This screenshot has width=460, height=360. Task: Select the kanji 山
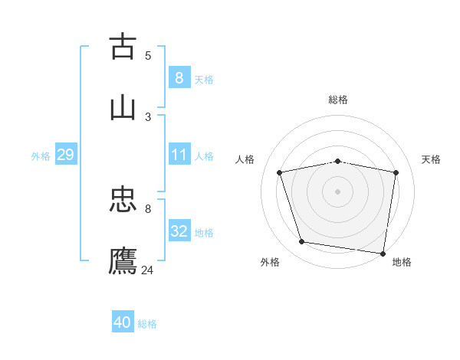tap(123, 107)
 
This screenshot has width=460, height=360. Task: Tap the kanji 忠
tap(123, 201)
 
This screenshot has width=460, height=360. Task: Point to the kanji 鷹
tap(123, 260)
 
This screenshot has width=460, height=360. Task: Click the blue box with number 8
tap(179, 77)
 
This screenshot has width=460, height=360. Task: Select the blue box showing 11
tap(179, 155)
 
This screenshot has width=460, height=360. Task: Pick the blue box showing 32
tap(179, 231)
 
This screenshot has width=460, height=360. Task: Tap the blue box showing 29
tap(65, 155)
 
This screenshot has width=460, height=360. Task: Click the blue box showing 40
tap(123, 322)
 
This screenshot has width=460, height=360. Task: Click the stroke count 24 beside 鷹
tap(147, 270)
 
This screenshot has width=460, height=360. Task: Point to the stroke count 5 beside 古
tap(148, 55)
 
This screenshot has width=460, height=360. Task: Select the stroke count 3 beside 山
tap(148, 116)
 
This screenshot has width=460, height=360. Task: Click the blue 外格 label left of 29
tap(41, 155)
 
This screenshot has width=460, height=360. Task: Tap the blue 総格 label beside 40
tap(147, 324)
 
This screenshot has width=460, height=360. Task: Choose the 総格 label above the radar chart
tap(337, 100)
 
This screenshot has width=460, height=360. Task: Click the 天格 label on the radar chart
tap(431, 159)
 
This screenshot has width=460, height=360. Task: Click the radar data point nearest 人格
tap(280, 172)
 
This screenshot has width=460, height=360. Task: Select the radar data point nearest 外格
tap(302, 242)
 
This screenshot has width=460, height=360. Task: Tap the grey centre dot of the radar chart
tap(337, 191)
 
